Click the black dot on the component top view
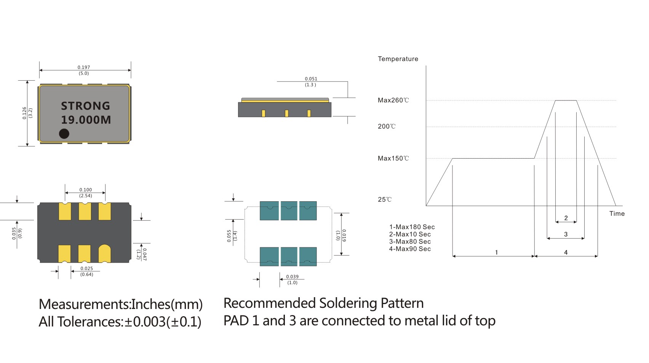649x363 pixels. [x=64, y=134]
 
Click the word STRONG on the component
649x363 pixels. [x=85, y=106]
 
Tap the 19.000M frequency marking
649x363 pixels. [x=86, y=120]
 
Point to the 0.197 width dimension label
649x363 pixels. [x=84, y=67]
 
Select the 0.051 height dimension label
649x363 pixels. [x=311, y=79]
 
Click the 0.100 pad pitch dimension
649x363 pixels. [x=85, y=190]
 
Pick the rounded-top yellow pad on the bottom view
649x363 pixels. [x=104, y=253]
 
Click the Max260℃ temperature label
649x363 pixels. [x=393, y=100]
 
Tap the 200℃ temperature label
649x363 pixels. [x=387, y=127]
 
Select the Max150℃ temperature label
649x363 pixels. [x=393, y=159]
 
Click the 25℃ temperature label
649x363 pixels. [x=385, y=200]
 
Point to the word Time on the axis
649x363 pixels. [x=617, y=214]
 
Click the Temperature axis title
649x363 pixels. [x=398, y=59]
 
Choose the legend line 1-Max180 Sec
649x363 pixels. [x=412, y=227]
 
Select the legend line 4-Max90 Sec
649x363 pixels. [x=410, y=249]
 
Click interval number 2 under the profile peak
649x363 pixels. [x=566, y=218]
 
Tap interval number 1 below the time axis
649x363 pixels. [x=496, y=252]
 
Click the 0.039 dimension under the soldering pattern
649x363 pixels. [x=292, y=277]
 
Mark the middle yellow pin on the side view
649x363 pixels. [x=286, y=113]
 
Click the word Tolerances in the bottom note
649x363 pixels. [x=90, y=322]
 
